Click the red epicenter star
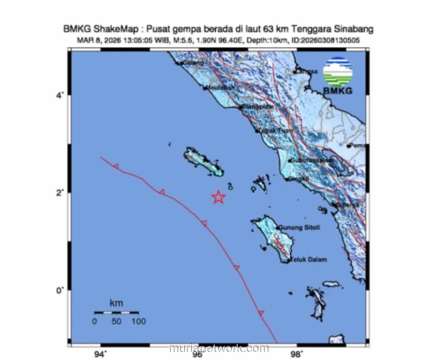coord(219,197)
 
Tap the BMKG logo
coord(338,75)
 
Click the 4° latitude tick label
coord(60,95)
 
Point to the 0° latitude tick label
coord(60,290)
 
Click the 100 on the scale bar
coord(138,321)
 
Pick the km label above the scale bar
coord(116,303)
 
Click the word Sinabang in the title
coord(354,29)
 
